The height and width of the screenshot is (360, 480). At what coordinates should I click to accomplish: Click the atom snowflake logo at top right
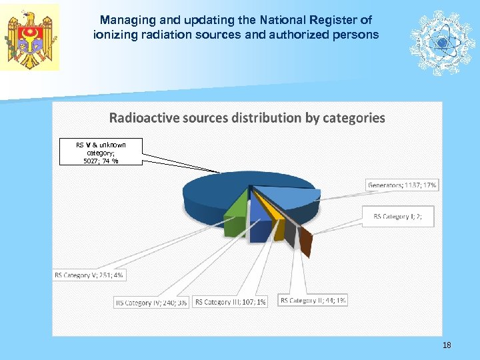441,42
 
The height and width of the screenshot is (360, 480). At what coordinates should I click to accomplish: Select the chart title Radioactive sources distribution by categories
247,118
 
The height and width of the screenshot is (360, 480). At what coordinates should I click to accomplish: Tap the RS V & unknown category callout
100,152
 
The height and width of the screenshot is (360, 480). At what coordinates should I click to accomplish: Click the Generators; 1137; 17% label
403,185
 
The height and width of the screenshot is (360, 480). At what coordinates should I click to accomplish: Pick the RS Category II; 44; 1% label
313,301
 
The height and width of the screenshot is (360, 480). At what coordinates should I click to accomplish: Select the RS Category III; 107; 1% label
231,302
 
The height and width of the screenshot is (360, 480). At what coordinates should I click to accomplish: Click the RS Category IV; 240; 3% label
151,302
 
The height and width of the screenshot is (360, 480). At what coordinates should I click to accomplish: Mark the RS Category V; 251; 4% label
89,275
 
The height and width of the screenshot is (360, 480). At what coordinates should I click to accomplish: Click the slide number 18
447,345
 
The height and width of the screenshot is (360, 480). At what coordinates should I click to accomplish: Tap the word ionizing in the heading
113,34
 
